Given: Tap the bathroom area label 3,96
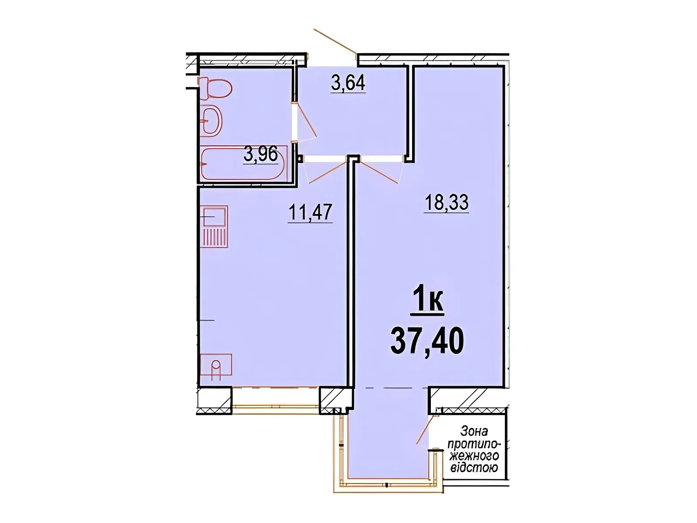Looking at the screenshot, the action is click(261, 154).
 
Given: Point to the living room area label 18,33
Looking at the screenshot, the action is click(446, 202).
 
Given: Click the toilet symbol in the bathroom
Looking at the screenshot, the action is click(215, 88).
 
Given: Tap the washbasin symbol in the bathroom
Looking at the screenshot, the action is click(211, 121).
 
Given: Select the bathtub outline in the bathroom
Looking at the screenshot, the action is click(244, 163).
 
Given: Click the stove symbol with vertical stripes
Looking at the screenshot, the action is click(215, 226).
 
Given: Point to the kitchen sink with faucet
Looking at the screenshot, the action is click(216, 367).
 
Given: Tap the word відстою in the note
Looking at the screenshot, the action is click(474, 467).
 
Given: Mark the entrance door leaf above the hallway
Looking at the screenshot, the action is click(335, 41).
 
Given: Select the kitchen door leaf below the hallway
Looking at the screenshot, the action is click(328, 173).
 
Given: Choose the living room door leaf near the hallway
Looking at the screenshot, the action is click(379, 173).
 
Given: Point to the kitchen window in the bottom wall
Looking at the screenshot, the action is click(275, 400).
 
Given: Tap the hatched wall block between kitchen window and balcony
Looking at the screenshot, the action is click(333, 400).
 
